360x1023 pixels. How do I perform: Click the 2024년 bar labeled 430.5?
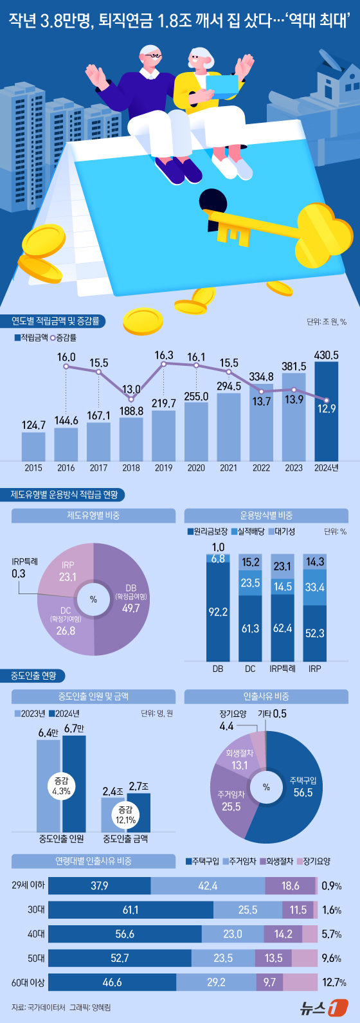326,412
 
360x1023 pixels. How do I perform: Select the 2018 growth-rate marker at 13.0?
131,399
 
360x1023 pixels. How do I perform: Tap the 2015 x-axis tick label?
33,468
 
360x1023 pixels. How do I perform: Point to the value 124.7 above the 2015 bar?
33,425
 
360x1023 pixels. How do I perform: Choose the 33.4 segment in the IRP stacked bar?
315,587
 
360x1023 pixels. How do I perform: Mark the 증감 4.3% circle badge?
61,786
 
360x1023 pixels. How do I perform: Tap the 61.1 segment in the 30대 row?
130,910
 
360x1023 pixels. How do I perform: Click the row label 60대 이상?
28,982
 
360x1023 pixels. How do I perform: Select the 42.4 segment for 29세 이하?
208,886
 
